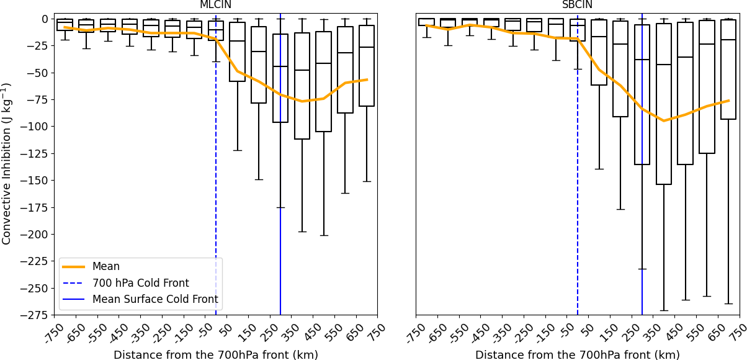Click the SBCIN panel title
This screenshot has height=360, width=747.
coord(577,5)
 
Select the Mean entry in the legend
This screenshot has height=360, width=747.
coord(106,266)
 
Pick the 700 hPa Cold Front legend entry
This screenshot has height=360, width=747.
coord(140,283)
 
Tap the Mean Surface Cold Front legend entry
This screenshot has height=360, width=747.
coord(155,299)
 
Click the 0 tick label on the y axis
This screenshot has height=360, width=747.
coord(45,19)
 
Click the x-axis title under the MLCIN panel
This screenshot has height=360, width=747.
coord(215,355)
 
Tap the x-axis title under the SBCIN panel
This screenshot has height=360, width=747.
coord(577,355)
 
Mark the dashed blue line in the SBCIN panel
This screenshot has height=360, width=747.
coord(578,186)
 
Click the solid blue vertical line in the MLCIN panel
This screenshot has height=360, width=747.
coord(280,186)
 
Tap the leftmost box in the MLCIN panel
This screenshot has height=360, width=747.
coord(65,25)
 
